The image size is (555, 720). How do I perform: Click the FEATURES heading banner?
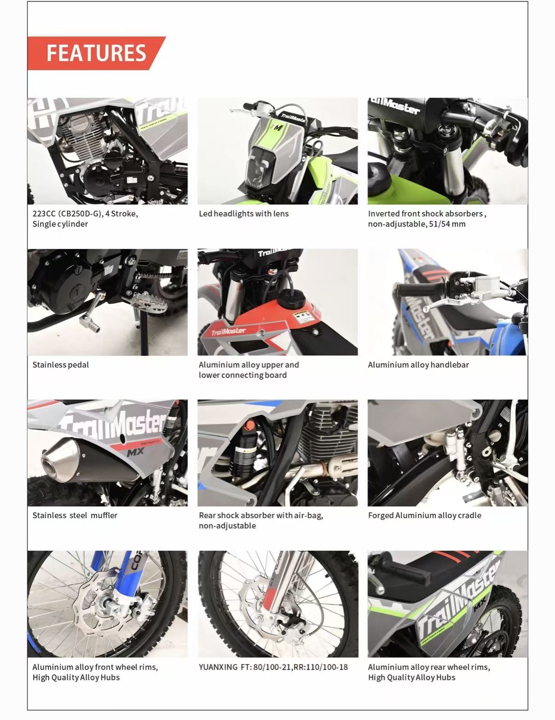[96, 53]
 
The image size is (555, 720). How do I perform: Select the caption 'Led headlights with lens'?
[244, 214]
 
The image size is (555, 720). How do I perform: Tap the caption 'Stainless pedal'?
[61, 365]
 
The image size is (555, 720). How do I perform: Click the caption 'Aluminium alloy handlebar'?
[419, 365]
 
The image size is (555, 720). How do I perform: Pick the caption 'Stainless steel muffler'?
[75, 516]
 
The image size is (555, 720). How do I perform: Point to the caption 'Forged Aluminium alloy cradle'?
[425, 516]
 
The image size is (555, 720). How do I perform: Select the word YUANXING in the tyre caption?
[218, 667]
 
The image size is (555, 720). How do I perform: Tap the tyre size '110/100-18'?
[328, 667]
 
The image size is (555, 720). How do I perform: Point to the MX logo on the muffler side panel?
[135, 452]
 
